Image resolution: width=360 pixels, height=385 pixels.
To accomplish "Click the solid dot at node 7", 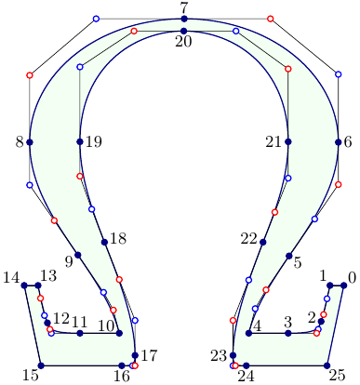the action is pos(184,19).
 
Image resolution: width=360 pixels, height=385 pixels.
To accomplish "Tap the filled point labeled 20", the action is pos(184,31).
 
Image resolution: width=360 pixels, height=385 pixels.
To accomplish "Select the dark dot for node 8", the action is pos(30,142).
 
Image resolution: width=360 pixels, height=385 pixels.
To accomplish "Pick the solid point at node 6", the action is pos(339,142).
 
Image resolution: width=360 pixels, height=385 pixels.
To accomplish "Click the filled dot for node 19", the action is pos(80,142).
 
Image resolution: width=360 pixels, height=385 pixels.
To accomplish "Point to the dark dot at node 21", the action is pos(288,142).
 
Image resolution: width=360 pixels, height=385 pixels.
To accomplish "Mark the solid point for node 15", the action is pos(41,365).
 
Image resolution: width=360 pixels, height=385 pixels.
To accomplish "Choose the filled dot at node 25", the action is pos(327,365).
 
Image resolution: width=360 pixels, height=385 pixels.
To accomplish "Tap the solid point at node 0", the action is pos(343,285).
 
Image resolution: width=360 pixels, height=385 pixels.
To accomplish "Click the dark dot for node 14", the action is pos(24,285).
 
